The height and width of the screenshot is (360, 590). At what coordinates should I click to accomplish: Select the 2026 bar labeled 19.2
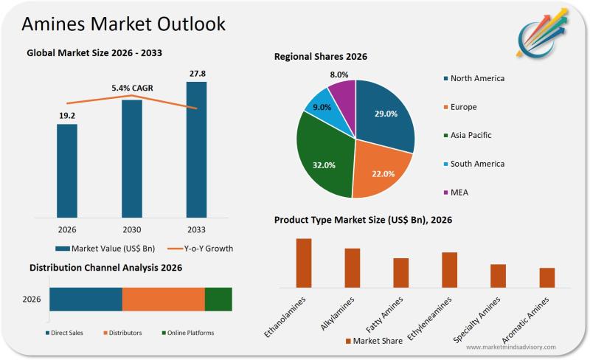67,170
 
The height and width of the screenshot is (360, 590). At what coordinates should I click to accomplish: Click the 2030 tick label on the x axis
131,229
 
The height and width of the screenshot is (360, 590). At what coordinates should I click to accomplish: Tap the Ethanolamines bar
303,263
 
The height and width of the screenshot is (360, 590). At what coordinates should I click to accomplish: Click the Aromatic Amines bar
546,277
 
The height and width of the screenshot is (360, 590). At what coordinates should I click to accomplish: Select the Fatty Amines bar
400,272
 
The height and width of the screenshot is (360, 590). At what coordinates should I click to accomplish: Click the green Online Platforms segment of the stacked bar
218,299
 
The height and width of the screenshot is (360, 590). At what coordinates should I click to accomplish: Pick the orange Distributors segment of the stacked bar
163,299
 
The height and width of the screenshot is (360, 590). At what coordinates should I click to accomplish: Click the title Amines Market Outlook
123,24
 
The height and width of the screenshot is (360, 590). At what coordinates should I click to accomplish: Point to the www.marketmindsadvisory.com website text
511,347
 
